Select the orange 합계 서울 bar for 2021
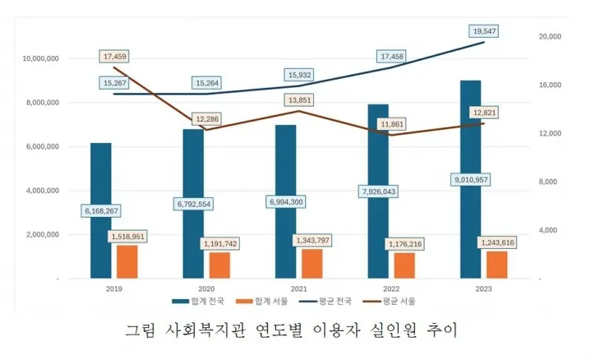(312, 264)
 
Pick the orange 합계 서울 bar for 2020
(219, 265)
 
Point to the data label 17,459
(114, 57)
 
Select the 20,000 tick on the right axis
(549, 37)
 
